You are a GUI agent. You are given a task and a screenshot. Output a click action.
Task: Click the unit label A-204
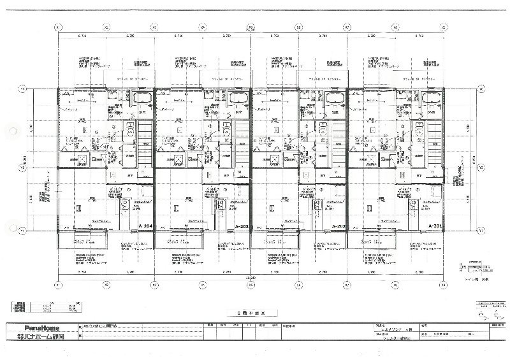pyautogui.click(x=145, y=226)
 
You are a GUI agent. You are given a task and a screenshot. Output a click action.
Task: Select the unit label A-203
pyautogui.click(x=242, y=226)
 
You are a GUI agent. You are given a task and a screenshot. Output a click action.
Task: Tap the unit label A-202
pyautogui.click(x=338, y=226)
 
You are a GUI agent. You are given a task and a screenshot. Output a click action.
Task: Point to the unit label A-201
pyautogui.click(x=435, y=226)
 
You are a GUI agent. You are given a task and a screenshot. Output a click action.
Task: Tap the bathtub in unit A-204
pyautogui.click(x=143, y=98)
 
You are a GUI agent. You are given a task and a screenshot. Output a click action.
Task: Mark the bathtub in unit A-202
pyautogui.click(x=335, y=98)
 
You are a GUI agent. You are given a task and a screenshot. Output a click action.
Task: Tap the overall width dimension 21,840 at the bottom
pyautogui.click(x=253, y=278)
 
